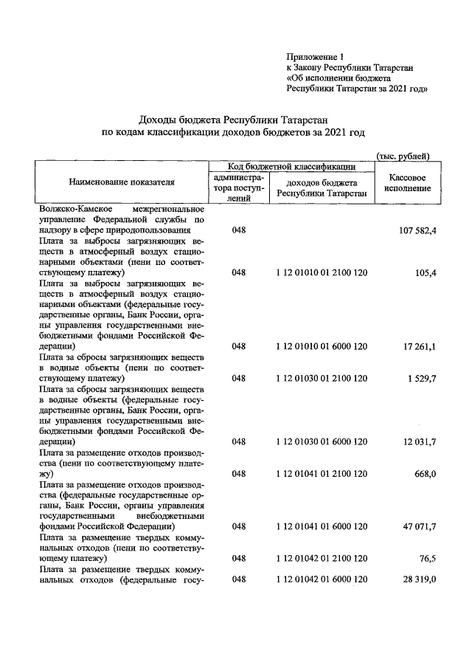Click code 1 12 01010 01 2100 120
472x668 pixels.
[321, 273]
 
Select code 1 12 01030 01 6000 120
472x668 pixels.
[321, 441]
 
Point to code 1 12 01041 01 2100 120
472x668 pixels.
[321, 474]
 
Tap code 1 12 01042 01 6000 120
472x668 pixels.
[321, 580]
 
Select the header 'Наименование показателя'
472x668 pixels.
[122, 181]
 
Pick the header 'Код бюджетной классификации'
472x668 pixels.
[291, 167]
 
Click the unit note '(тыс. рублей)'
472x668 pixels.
[403, 155]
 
